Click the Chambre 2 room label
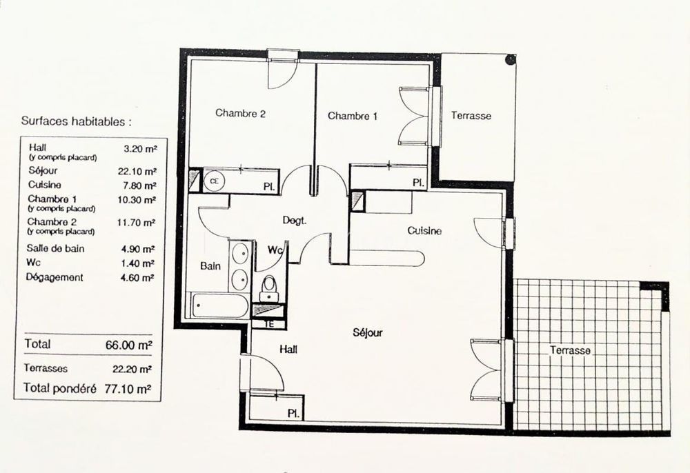point(240,114)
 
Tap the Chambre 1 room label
point(353,116)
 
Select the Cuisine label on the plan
point(424,231)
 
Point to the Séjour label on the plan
point(367,332)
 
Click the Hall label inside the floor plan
point(288,350)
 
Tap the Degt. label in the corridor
point(294,221)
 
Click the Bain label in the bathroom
point(210,265)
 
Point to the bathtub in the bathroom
point(219,305)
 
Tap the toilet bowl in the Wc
point(269,284)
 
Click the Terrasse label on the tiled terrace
point(570,350)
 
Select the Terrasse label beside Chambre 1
point(471,116)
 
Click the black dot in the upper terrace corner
point(509,60)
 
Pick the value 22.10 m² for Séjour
point(137,171)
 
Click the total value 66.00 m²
point(128,343)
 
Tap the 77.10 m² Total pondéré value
point(128,389)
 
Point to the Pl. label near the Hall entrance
point(293,413)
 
